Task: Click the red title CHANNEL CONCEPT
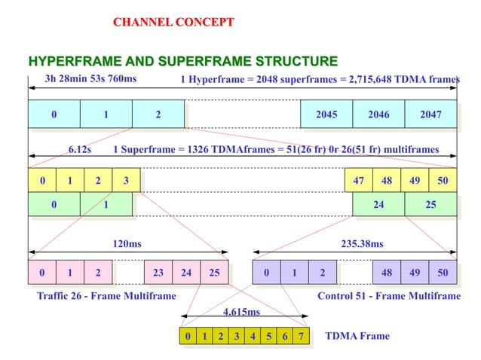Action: coord(173,22)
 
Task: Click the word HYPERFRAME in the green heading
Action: coord(69,61)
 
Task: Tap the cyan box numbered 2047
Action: coord(430,114)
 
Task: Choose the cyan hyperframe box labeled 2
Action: coord(158,114)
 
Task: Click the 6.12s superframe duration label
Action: coord(80,149)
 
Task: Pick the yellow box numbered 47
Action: coord(358,181)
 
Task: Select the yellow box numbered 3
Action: coord(126,181)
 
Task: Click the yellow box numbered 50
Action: coord(443,181)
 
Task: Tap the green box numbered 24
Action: coord(378,204)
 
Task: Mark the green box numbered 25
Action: coord(430,204)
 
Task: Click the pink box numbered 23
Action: coord(158,273)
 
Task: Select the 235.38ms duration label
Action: coord(362,244)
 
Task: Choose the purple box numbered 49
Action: coord(415,273)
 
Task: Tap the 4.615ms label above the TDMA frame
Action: coord(242,312)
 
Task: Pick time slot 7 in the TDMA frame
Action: coord(301,336)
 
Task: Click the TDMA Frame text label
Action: coord(357,336)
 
